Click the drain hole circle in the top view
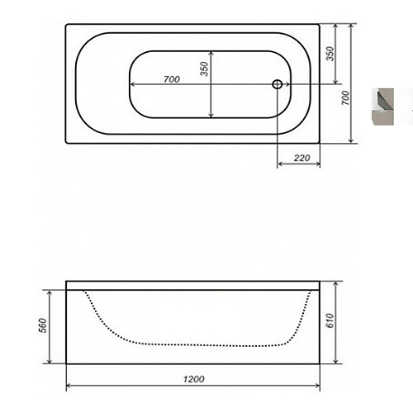(x=278, y=84)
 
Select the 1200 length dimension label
(x=194, y=379)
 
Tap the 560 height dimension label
(x=44, y=325)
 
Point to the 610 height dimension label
(x=330, y=320)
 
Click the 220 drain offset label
(x=301, y=158)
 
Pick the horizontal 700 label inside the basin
(x=172, y=79)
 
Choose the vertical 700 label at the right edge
(x=345, y=97)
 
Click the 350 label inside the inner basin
(x=204, y=69)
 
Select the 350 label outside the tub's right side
(x=330, y=54)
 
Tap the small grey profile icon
(x=382, y=107)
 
